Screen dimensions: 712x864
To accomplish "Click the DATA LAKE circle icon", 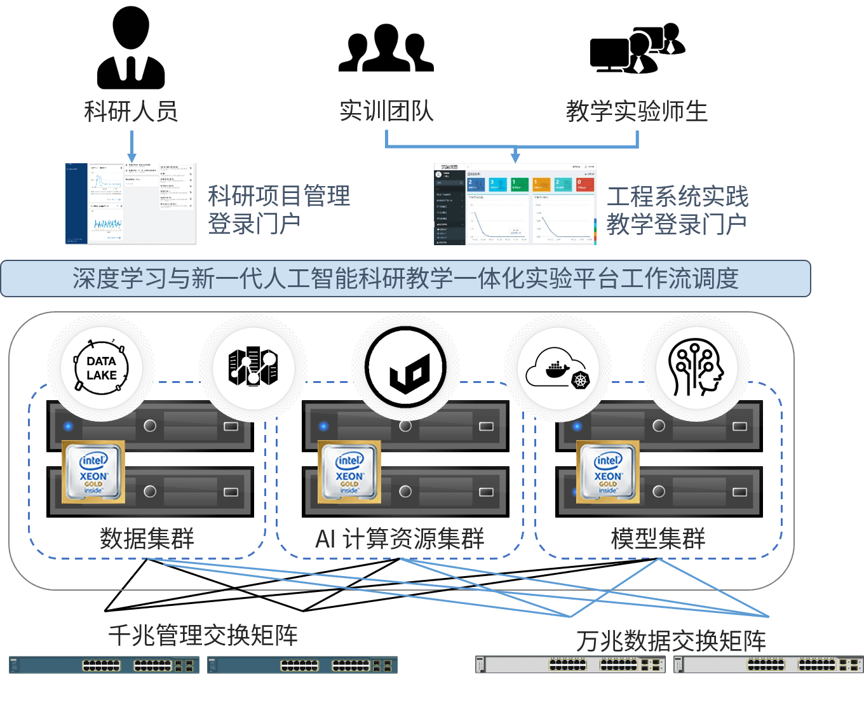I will click(x=101, y=368).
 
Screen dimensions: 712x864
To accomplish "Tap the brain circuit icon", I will click(x=696, y=368).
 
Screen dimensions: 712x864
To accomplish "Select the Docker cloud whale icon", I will click(x=558, y=368).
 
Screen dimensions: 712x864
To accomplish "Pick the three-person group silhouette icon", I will click(x=386, y=48).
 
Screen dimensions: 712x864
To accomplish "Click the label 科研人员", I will click(x=131, y=112).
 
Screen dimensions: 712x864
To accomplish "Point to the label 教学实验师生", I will click(x=637, y=112).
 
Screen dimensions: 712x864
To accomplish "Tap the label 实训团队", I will click(x=386, y=112).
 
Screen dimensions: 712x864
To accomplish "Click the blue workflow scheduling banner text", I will click(x=405, y=279).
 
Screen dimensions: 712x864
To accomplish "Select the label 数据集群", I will click(x=147, y=539).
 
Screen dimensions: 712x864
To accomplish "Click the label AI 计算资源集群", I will click(x=400, y=539).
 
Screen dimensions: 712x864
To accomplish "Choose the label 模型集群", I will click(x=658, y=539).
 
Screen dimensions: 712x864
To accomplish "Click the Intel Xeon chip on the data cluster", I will click(x=93, y=473).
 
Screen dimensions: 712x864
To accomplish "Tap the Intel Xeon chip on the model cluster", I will click(x=608, y=473).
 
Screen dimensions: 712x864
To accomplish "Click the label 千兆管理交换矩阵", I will click(x=203, y=635).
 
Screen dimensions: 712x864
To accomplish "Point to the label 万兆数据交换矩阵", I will click(x=671, y=641).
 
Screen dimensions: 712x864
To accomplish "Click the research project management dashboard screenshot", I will click(x=132, y=204).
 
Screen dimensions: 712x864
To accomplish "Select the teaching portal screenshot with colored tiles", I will click(x=515, y=204).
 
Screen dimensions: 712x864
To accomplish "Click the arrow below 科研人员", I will click(x=132, y=147).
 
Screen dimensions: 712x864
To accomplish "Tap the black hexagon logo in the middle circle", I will click(x=405, y=368).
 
